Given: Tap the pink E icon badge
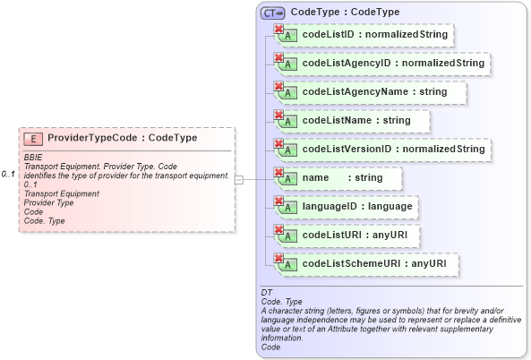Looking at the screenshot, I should (33, 139).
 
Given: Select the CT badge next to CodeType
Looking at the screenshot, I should (272, 13).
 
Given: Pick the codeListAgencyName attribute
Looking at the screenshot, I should (374, 91).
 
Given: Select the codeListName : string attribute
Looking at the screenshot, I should (356, 120).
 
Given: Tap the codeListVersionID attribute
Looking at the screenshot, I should (392, 149).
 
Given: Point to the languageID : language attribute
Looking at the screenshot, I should (357, 207).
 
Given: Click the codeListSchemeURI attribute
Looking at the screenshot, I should (373, 264).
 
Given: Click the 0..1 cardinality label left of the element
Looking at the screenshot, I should (9, 173).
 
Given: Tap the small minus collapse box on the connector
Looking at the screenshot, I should (239, 179).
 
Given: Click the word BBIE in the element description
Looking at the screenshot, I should (33, 158).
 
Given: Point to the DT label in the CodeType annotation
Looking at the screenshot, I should (266, 293).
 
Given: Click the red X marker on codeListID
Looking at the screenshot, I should (278, 30).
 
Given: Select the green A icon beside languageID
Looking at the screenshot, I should (288, 209).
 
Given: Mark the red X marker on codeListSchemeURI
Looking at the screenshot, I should (278, 259).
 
